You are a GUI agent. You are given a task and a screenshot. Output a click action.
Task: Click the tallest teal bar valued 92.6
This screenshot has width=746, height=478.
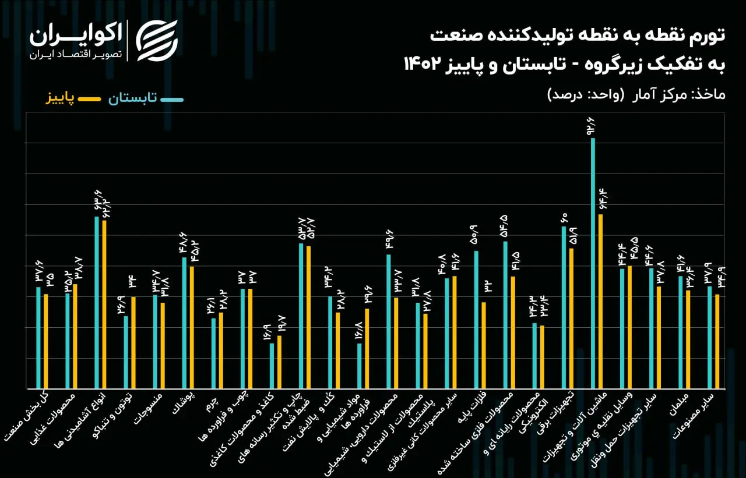[x=593, y=263]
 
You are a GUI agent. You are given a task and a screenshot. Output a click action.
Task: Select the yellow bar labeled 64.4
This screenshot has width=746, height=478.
[x=600, y=302]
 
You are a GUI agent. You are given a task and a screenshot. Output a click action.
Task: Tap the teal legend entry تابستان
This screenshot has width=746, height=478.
[x=146, y=98]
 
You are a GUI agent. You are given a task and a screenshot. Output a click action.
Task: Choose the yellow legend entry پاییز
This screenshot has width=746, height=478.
[x=73, y=98]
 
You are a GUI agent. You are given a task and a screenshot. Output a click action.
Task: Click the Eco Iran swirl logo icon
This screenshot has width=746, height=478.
[x=157, y=41]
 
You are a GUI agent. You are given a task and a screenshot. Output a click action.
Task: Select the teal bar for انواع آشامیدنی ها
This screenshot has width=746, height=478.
[x=97, y=302]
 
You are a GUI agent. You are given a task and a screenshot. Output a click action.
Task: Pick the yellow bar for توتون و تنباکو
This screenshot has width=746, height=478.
[x=133, y=342]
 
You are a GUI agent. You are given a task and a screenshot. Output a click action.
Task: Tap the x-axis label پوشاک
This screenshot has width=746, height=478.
[x=183, y=402]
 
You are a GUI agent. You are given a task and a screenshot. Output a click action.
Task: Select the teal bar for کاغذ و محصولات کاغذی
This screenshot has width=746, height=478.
[x=272, y=366]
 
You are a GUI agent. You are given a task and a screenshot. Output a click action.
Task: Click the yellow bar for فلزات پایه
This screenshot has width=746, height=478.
[x=484, y=345]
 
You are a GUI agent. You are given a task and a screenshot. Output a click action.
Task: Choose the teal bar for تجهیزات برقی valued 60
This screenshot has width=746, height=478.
[x=564, y=307]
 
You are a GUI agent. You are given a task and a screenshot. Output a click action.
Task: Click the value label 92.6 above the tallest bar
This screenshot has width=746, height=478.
[x=591, y=126]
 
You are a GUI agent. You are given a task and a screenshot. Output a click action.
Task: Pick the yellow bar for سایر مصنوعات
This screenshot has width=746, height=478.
[x=717, y=342]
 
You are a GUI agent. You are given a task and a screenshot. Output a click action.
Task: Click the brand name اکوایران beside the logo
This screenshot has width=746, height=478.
[x=76, y=34]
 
